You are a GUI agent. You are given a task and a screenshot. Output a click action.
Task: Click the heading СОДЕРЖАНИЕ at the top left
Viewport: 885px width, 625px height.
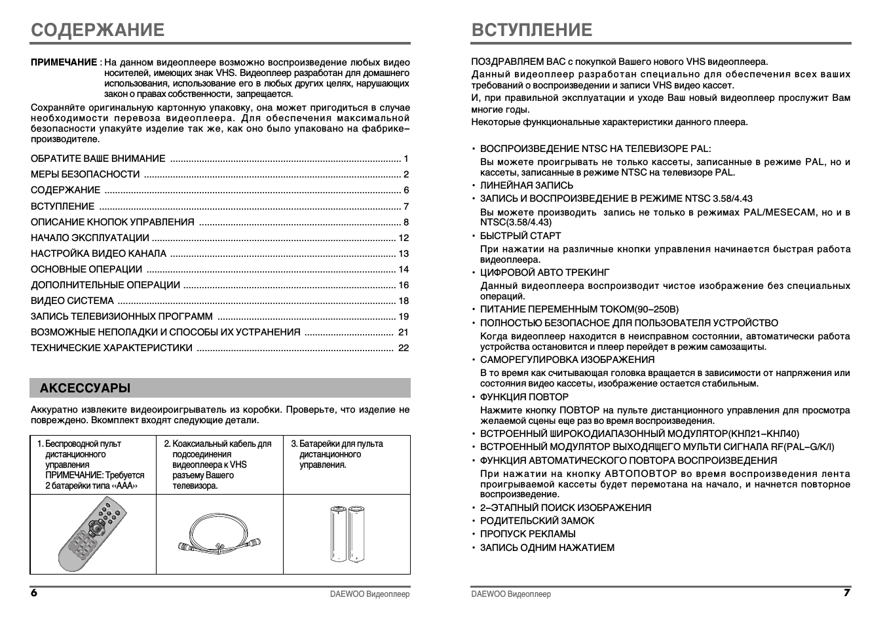[x=98, y=30]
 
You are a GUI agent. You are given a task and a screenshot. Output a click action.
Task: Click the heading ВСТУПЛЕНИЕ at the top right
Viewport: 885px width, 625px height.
[x=531, y=30]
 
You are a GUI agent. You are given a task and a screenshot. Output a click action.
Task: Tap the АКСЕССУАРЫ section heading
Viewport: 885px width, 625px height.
[x=85, y=388]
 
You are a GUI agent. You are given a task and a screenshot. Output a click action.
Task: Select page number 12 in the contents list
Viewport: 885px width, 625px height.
[x=404, y=238]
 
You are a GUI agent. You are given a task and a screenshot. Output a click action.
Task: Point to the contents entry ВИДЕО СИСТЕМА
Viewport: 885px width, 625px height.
[x=72, y=301]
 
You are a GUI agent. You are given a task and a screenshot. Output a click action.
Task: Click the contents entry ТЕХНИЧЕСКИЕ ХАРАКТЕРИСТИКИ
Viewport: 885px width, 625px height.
[x=111, y=348]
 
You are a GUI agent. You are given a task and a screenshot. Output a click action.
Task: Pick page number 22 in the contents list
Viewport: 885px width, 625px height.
[x=404, y=348]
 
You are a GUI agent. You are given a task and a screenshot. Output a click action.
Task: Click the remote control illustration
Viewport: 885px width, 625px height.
[x=92, y=533]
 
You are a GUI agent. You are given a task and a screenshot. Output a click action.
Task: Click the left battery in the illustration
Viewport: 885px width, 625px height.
[x=338, y=533]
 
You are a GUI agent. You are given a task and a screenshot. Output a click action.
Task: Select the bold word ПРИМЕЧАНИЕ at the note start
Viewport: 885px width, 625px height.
[x=64, y=62]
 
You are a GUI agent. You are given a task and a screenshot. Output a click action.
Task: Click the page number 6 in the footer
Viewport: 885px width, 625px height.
[x=34, y=593]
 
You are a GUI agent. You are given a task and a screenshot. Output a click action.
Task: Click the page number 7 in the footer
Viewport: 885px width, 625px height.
[x=846, y=593]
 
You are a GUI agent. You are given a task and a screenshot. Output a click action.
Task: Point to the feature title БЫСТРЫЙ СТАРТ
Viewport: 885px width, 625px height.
[x=520, y=236]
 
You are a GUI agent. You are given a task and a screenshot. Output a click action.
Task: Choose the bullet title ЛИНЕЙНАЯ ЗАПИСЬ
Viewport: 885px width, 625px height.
[x=526, y=185]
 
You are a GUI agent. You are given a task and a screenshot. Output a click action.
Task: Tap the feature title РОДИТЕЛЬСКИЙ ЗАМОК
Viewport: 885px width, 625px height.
[x=537, y=521]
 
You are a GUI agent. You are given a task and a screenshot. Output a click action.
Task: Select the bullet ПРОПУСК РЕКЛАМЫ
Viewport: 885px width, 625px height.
[x=527, y=534]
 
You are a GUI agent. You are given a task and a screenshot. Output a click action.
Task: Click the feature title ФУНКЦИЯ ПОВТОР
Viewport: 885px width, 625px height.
[x=524, y=397]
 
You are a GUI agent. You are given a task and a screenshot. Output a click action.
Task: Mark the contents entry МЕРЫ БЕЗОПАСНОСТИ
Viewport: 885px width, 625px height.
[x=85, y=174]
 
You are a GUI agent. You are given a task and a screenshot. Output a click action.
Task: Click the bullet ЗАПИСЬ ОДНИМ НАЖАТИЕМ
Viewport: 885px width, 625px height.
[x=547, y=548]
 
